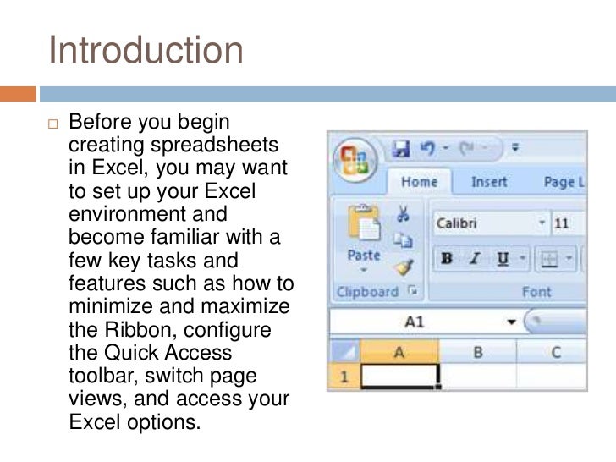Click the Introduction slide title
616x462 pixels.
tap(146, 50)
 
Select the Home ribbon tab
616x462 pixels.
tap(419, 182)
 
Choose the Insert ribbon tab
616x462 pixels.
tap(488, 182)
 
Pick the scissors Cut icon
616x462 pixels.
tap(403, 214)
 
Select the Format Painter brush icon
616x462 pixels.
tap(403, 268)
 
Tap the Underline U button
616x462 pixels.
tap(503, 257)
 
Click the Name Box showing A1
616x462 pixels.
tap(415, 322)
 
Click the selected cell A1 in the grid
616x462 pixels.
tap(399, 377)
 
